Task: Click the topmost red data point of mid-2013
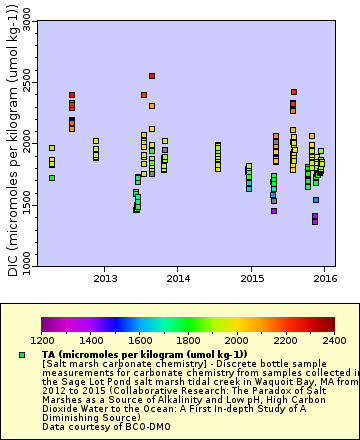click(x=152, y=76)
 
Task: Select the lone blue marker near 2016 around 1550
click(x=316, y=200)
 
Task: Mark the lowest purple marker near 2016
click(x=315, y=221)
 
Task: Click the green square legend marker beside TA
click(x=22, y=355)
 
